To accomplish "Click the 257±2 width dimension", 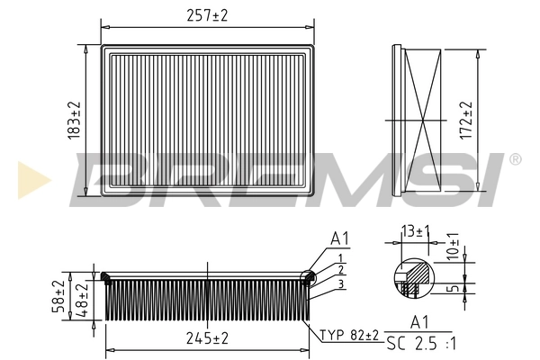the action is click(207, 15).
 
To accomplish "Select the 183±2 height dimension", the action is click(74, 121).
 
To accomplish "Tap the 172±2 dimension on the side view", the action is click(466, 121).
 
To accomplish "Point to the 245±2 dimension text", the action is click(207, 338).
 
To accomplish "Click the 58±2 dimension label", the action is click(58, 296).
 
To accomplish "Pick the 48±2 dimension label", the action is click(82, 300).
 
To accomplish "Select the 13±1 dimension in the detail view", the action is click(415, 231).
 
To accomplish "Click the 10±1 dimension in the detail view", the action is click(453, 246).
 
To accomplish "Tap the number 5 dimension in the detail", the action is click(454, 288).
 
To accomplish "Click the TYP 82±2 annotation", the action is click(349, 335).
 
